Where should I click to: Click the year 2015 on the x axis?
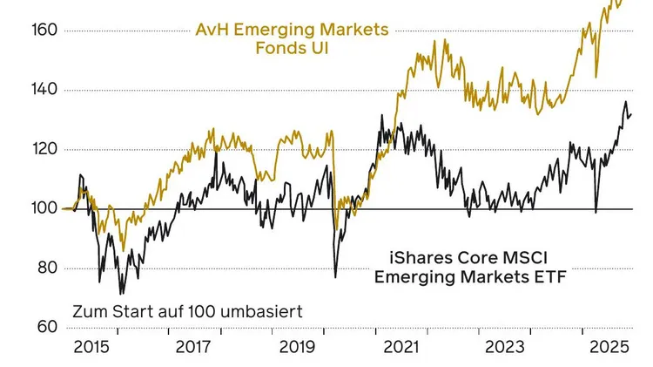(x=91, y=347)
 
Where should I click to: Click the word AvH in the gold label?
(x=211, y=30)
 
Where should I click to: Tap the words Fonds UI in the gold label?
(x=290, y=48)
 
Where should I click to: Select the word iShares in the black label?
(x=417, y=258)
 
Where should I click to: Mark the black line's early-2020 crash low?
(x=336, y=277)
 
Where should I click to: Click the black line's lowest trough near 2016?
(x=121, y=293)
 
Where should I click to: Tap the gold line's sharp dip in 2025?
(x=596, y=77)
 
